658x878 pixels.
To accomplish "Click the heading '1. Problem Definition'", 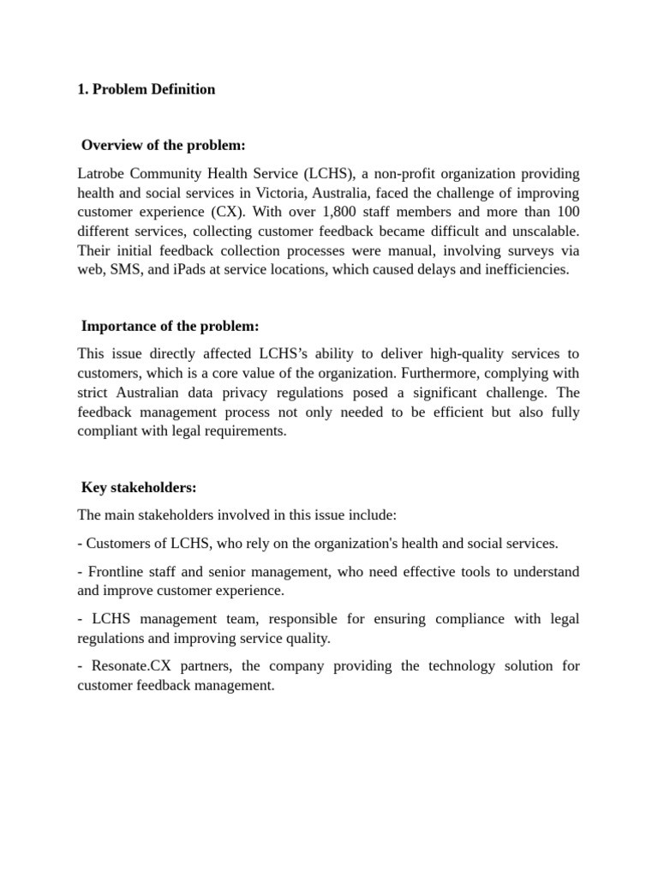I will point(146,89).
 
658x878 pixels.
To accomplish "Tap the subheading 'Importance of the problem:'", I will point(170,327).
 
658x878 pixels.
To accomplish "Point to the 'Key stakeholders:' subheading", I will point(139,488).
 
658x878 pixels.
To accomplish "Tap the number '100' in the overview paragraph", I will point(568,212).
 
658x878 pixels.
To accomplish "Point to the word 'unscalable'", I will point(545,231).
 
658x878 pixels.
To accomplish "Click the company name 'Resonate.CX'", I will point(125,666).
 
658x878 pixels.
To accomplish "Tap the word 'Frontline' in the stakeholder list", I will point(117,572).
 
